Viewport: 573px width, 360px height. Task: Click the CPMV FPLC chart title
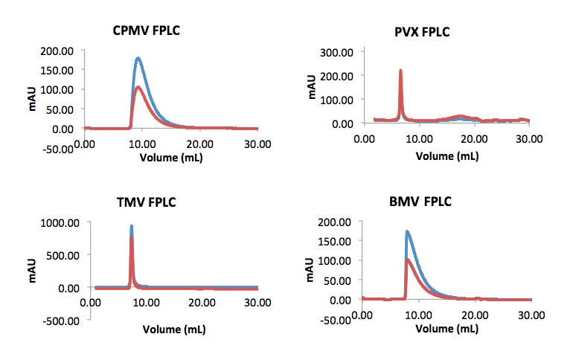point(146,31)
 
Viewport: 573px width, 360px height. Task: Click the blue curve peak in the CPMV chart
point(138,58)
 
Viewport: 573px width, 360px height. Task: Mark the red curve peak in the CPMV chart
point(138,87)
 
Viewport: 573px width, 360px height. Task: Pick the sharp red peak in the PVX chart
point(401,71)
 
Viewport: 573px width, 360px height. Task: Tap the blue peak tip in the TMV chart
point(132,225)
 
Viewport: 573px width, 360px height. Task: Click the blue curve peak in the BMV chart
point(407,231)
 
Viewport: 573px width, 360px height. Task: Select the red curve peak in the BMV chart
point(408,260)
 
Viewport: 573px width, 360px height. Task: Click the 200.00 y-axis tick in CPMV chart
point(57,51)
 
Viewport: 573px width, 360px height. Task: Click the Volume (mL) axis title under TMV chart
point(174,329)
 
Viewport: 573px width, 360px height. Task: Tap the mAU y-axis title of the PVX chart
point(313,86)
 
